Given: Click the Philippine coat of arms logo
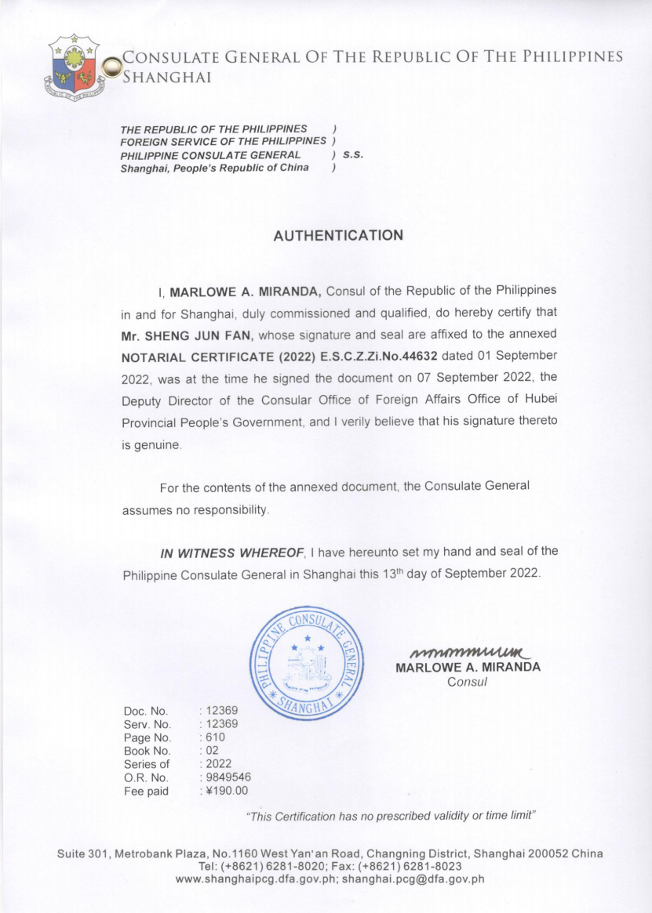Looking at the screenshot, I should click(75, 69).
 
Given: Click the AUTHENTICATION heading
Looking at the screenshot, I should click(338, 235).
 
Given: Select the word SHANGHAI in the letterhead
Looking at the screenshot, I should click(167, 76).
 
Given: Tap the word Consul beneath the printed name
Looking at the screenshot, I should click(468, 682).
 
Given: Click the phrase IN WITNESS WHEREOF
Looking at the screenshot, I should click(231, 553).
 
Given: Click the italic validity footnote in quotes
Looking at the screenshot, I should click(391, 816).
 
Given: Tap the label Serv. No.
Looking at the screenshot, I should click(148, 724).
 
